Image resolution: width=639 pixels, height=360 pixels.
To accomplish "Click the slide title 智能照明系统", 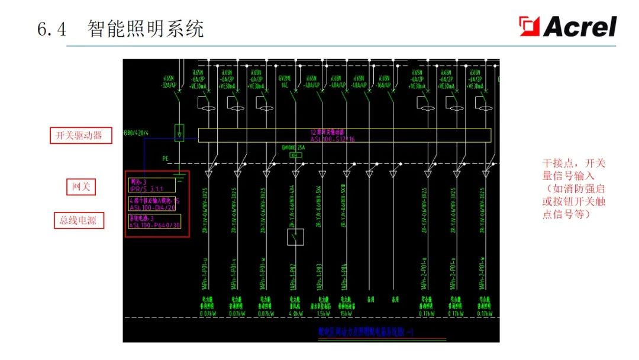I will (x=146, y=28).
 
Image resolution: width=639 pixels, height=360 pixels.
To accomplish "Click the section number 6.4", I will (x=52, y=28).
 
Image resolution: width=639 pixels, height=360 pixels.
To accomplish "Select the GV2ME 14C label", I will (x=286, y=81).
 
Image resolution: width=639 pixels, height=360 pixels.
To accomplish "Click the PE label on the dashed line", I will (x=166, y=159).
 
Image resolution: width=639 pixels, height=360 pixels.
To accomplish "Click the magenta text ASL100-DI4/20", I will (x=153, y=207).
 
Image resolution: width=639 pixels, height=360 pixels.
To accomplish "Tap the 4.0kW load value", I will (x=295, y=314).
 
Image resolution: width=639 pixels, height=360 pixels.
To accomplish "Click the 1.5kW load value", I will (x=322, y=314).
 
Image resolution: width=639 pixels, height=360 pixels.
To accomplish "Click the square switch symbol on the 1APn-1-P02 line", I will (x=295, y=237).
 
